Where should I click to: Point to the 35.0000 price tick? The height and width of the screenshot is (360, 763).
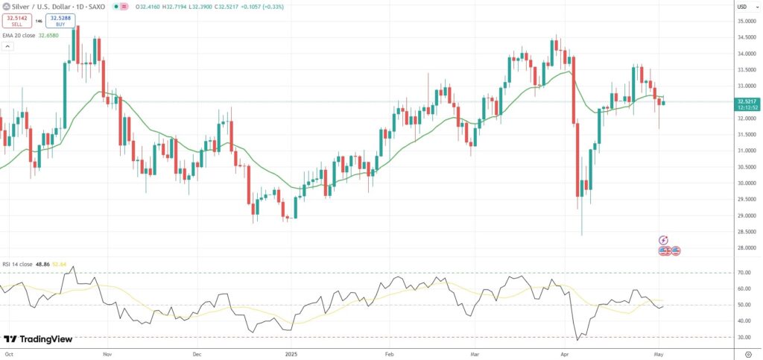[746, 21]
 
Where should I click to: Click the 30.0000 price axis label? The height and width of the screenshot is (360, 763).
[746, 183]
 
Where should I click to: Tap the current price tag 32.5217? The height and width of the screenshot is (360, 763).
[747, 101]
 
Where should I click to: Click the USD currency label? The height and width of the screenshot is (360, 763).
[742, 7]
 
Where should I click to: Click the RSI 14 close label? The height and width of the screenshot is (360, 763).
[16, 264]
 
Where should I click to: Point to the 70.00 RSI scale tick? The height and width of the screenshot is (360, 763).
[744, 273]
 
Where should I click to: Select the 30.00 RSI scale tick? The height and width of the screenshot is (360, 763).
[744, 338]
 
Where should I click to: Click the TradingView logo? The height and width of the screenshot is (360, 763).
[38, 339]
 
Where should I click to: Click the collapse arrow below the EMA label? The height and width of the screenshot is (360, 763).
[8, 46]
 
